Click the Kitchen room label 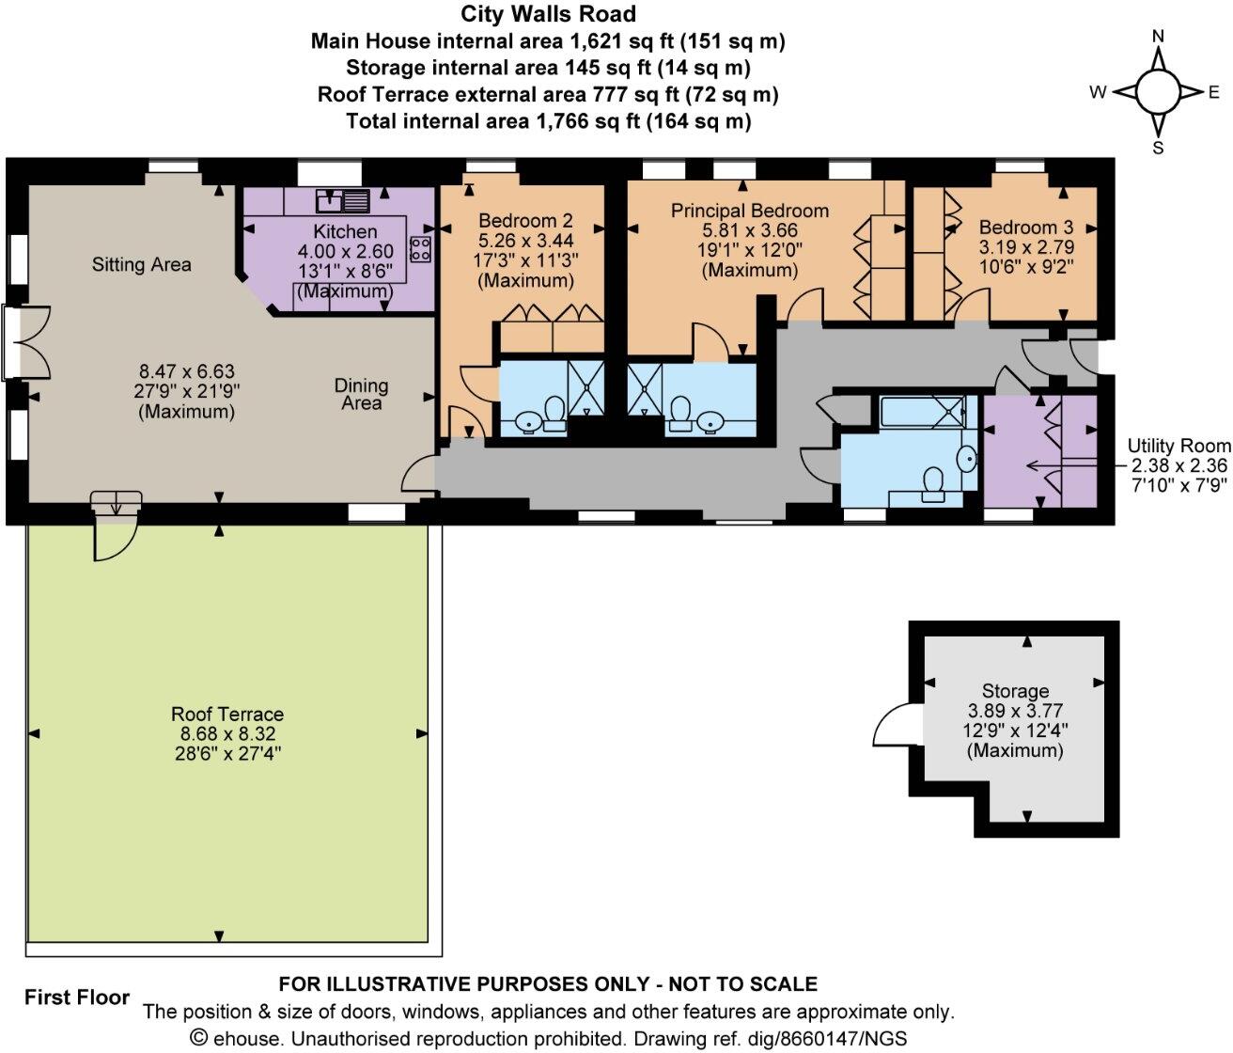tap(345, 231)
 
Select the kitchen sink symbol tap(343, 199)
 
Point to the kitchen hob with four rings tap(420, 248)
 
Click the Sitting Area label tap(141, 265)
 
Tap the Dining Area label tap(361, 394)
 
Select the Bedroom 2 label tap(525, 221)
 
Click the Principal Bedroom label tap(749, 211)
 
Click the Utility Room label tap(1178, 446)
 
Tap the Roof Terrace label tap(226, 715)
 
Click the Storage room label tap(1015, 690)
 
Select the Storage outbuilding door tap(891, 730)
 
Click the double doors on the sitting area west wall tap(17, 342)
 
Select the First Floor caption tap(77, 998)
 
